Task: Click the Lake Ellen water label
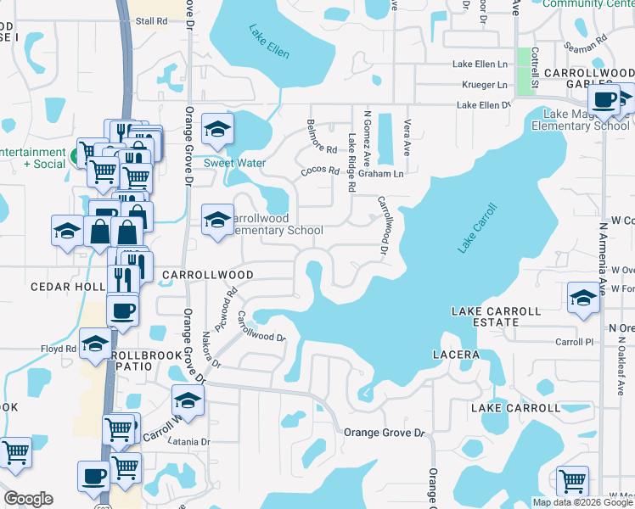click(x=269, y=42)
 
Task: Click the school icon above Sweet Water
click(x=218, y=130)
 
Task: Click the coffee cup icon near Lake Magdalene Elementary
click(x=604, y=100)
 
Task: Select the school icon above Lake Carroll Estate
click(x=583, y=298)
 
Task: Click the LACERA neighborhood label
click(x=456, y=354)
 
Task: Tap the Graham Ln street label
click(x=380, y=174)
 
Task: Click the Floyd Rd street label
click(x=59, y=349)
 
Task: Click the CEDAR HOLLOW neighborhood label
click(x=68, y=287)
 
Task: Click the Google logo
click(x=28, y=499)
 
